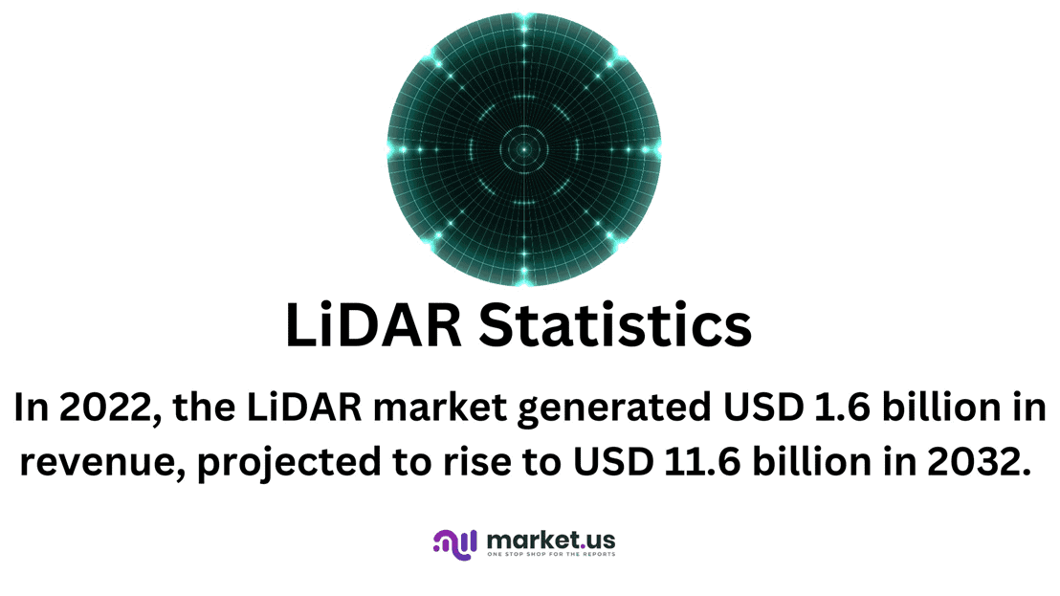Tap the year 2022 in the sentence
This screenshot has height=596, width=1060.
[x=102, y=408]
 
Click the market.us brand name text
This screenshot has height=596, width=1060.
[x=550, y=539]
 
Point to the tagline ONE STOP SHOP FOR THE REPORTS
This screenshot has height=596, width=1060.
[x=551, y=554]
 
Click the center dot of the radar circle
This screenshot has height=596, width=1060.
[x=523, y=149]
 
